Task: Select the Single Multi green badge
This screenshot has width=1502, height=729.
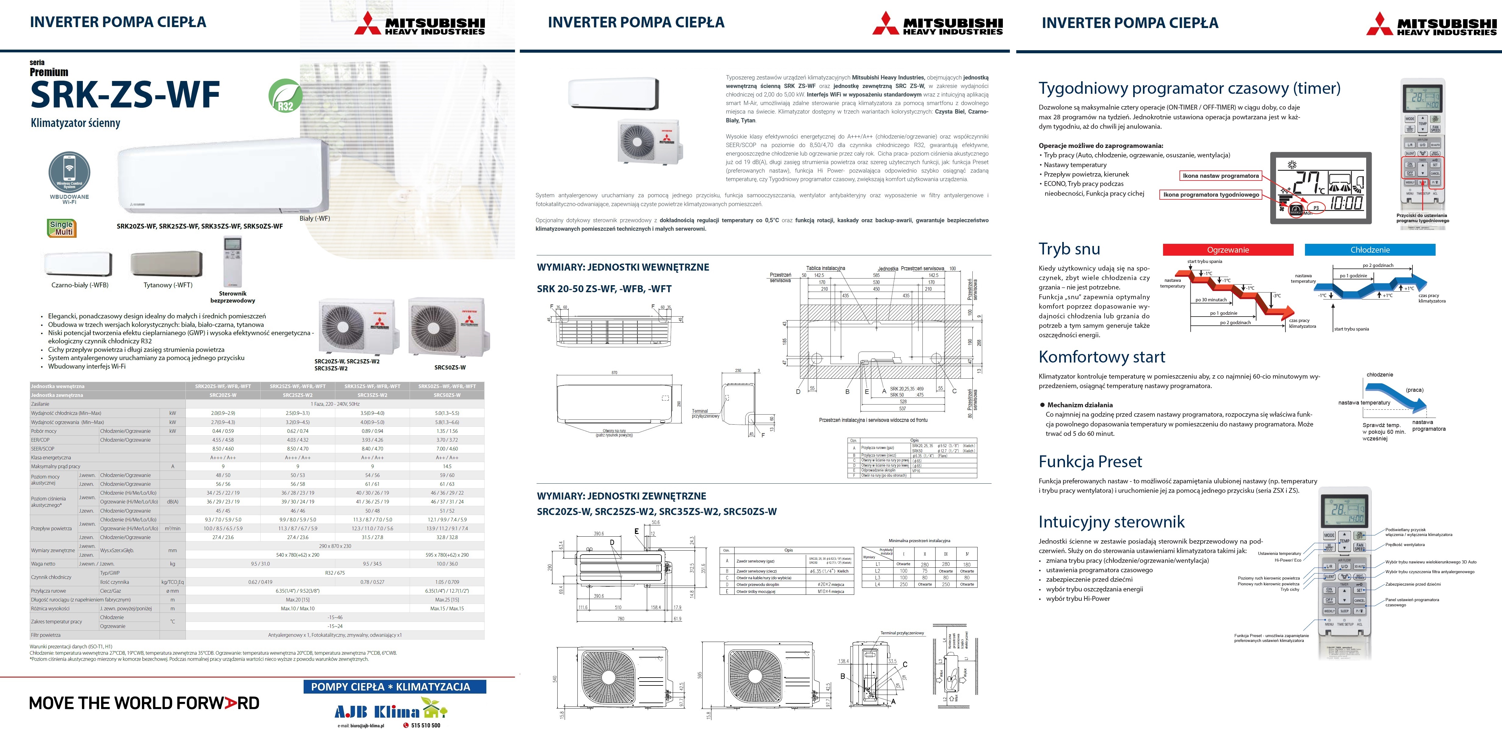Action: point(62,228)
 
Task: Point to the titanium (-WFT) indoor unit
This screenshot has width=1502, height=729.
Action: point(167,264)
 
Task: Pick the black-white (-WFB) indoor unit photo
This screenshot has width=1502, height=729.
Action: point(78,264)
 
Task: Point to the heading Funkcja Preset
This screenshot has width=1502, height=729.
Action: point(1090,461)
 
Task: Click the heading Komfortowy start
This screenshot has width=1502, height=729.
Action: point(1102,357)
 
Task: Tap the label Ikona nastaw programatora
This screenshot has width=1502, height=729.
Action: point(1220,175)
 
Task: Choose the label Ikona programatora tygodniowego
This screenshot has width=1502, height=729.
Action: point(1211,195)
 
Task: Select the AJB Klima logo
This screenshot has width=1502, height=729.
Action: point(390,710)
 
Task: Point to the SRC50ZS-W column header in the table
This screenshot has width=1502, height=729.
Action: point(447,395)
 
